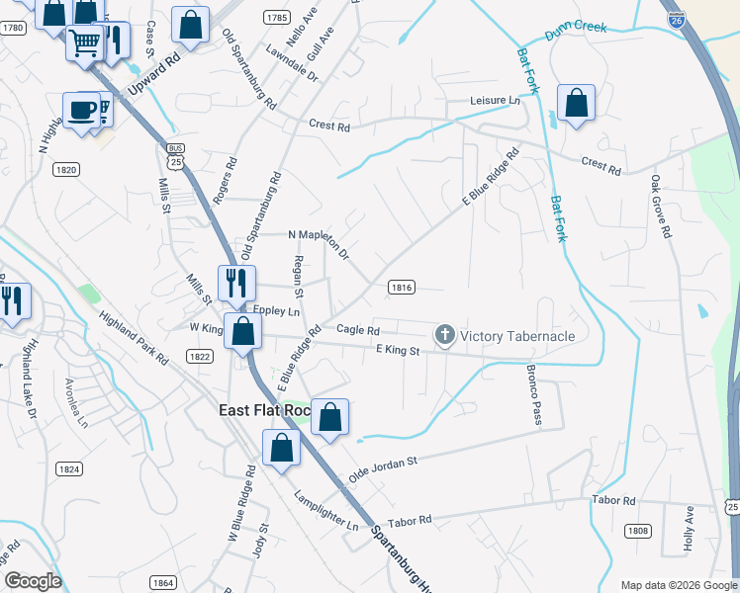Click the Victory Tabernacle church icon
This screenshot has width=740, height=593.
(444, 336)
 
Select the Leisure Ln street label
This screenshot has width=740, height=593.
(494, 101)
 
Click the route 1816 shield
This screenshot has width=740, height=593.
(401, 288)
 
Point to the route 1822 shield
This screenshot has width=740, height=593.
(199, 356)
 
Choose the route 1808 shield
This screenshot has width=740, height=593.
(638, 531)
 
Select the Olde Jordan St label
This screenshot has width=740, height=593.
(382, 468)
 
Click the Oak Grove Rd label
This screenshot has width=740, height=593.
(659, 208)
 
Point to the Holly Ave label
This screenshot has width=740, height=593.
(691, 529)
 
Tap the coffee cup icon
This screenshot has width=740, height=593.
(81, 109)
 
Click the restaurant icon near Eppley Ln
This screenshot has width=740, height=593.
(236, 283)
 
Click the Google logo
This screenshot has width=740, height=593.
(33, 580)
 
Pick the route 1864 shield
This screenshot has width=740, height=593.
(163, 583)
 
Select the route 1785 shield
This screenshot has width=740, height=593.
(277, 18)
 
